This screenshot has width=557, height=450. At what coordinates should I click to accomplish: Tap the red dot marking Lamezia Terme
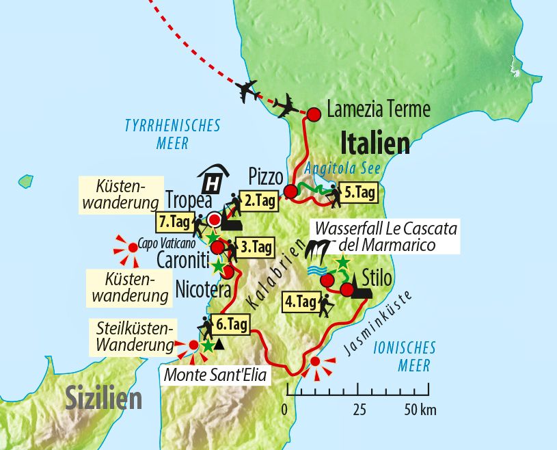point(314,115)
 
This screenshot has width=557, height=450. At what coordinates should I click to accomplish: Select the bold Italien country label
point(375,144)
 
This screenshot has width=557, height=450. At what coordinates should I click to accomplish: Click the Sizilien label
point(103,397)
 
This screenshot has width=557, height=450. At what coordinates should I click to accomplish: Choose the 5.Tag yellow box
point(359,193)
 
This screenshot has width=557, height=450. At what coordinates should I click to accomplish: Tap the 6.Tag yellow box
point(232,325)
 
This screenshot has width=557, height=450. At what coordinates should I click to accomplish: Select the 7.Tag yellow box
point(174,222)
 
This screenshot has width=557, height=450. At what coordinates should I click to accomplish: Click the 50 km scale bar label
point(420,410)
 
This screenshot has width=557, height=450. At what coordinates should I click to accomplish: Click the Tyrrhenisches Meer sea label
point(172,134)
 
